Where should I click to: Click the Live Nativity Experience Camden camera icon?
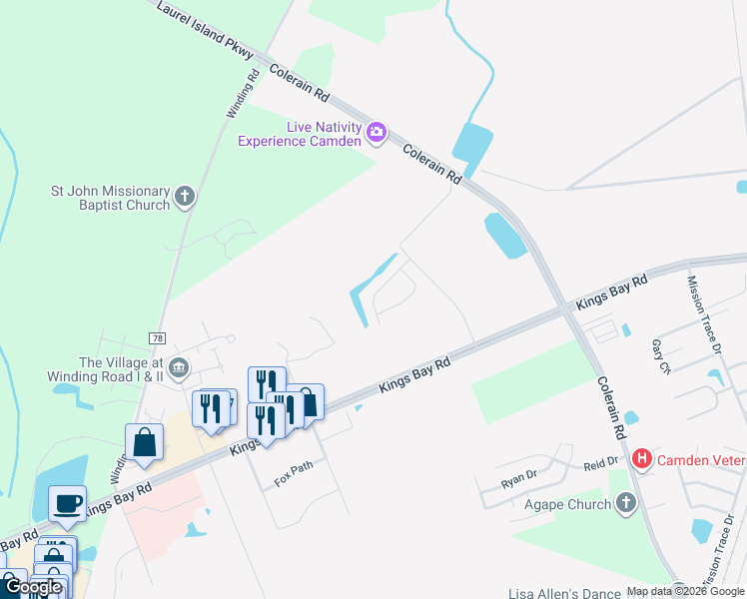point(376,132)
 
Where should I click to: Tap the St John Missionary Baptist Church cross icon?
point(184,197)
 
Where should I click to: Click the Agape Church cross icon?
point(625,503)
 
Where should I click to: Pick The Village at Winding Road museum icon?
point(179,368)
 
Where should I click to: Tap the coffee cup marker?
point(67,503)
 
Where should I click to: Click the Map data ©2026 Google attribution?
point(685,591)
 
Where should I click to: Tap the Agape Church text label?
point(567,504)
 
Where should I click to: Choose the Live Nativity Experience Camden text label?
point(299,134)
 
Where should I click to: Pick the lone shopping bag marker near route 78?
point(144,441)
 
